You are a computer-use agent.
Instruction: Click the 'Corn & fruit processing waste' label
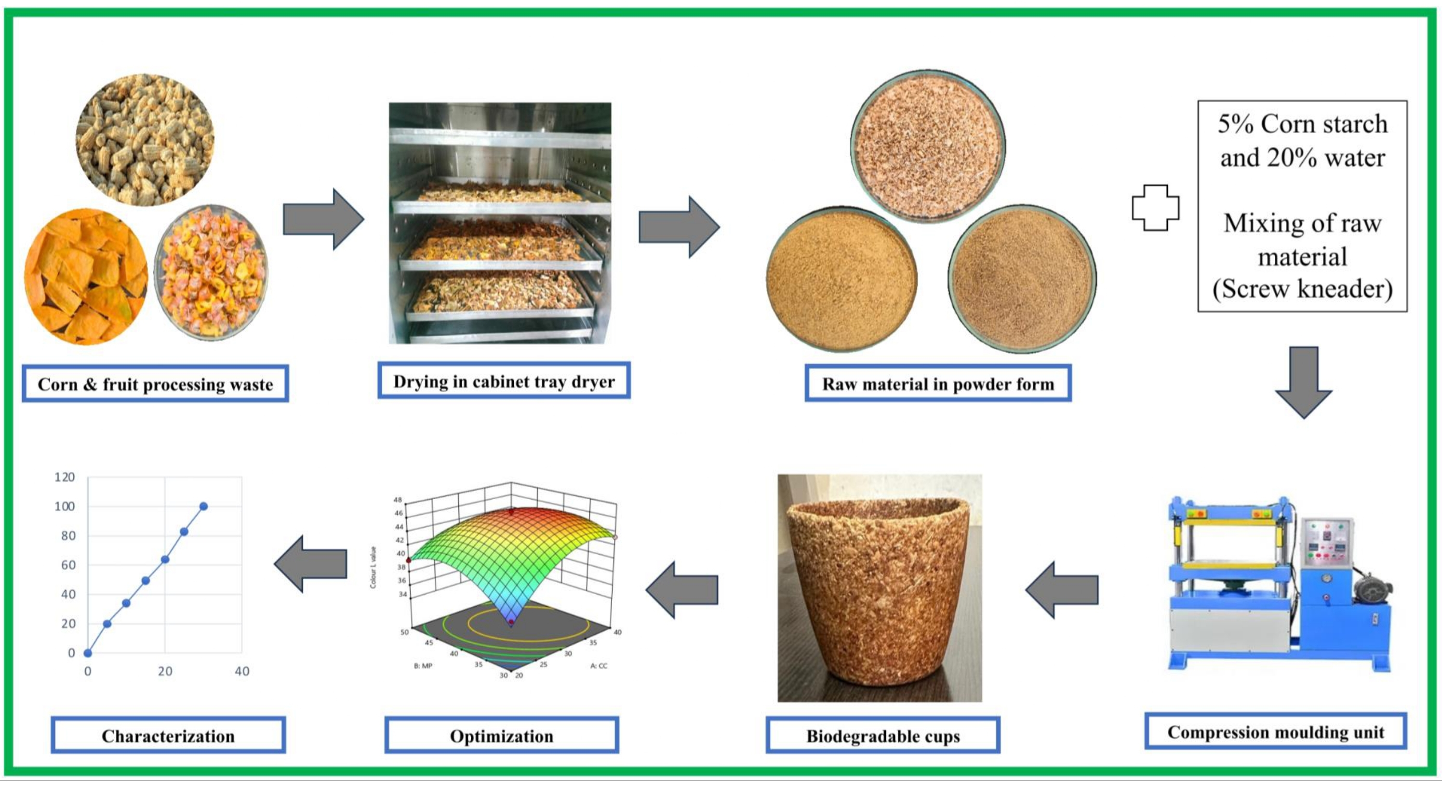click(155, 384)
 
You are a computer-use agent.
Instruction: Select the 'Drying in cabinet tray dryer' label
click(504, 381)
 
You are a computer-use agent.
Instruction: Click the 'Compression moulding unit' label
click(1275, 732)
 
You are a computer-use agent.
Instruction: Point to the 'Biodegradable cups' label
click(883, 736)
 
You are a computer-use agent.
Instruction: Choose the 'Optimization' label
click(502, 736)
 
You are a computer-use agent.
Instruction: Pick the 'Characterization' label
click(168, 736)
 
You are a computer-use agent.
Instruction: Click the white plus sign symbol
click(1155, 208)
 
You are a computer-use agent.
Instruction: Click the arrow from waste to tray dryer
click(323, 219)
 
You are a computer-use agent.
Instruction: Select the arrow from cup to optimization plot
click(682, 590)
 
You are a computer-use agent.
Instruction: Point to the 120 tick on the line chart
click(65, 477)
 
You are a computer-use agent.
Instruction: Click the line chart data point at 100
click(204, 506)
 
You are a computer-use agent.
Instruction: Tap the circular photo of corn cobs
click(145, 140)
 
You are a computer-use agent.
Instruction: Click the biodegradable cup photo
click(879, 587)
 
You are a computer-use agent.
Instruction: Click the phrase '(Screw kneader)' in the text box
click(1302, 289)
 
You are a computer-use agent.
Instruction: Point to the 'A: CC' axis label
click(599, 666)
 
